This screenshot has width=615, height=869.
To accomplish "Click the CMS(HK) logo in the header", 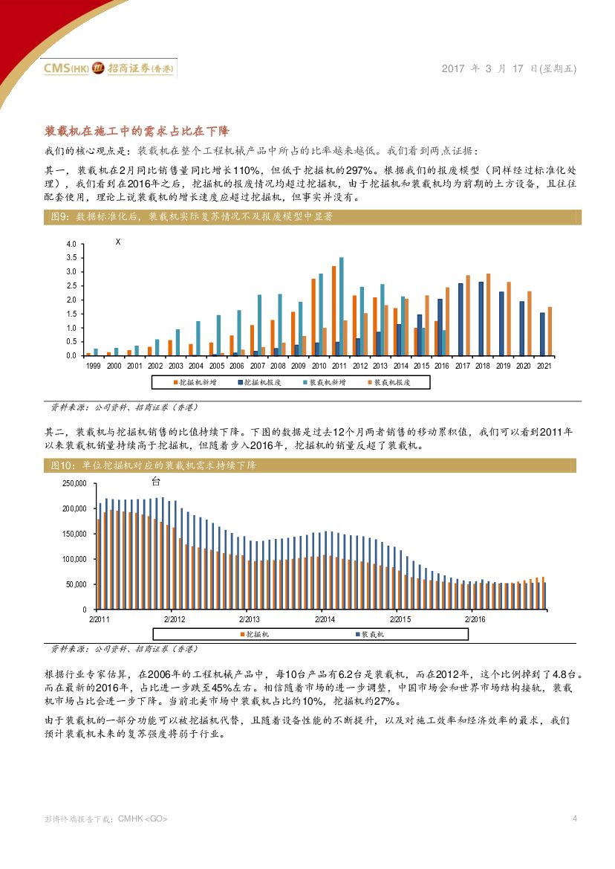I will [67, 68].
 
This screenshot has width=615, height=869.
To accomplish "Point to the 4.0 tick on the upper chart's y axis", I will [71, 245].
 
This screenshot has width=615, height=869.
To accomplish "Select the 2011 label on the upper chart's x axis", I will [338, 366].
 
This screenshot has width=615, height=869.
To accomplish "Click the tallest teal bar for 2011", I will [342, 306].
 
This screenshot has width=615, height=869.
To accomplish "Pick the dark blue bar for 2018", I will [481, 318].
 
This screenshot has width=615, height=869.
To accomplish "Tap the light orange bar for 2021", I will [550, 331].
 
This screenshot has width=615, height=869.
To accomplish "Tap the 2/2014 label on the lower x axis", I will [325, 619].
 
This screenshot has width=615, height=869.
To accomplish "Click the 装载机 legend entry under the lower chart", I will [368, 634].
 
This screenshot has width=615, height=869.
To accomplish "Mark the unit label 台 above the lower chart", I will [155, 481].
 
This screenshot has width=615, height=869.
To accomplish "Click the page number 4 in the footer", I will [575, 818].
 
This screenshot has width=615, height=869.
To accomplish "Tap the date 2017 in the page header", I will [454, 68].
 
